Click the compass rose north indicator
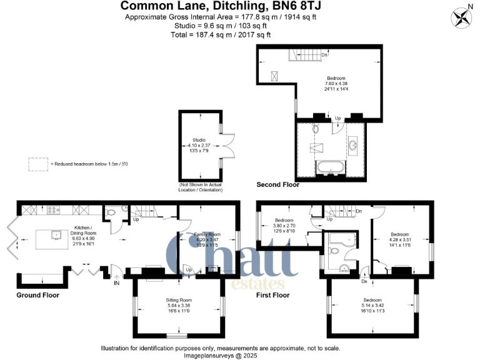(463, 16)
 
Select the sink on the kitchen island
(57, 235)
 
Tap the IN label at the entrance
(116, 283)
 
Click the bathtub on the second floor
(331, 167)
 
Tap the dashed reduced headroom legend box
(38, 164)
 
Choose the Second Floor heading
(278, 185)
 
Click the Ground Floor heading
(37, 293)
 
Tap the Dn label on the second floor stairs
(324, 55)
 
